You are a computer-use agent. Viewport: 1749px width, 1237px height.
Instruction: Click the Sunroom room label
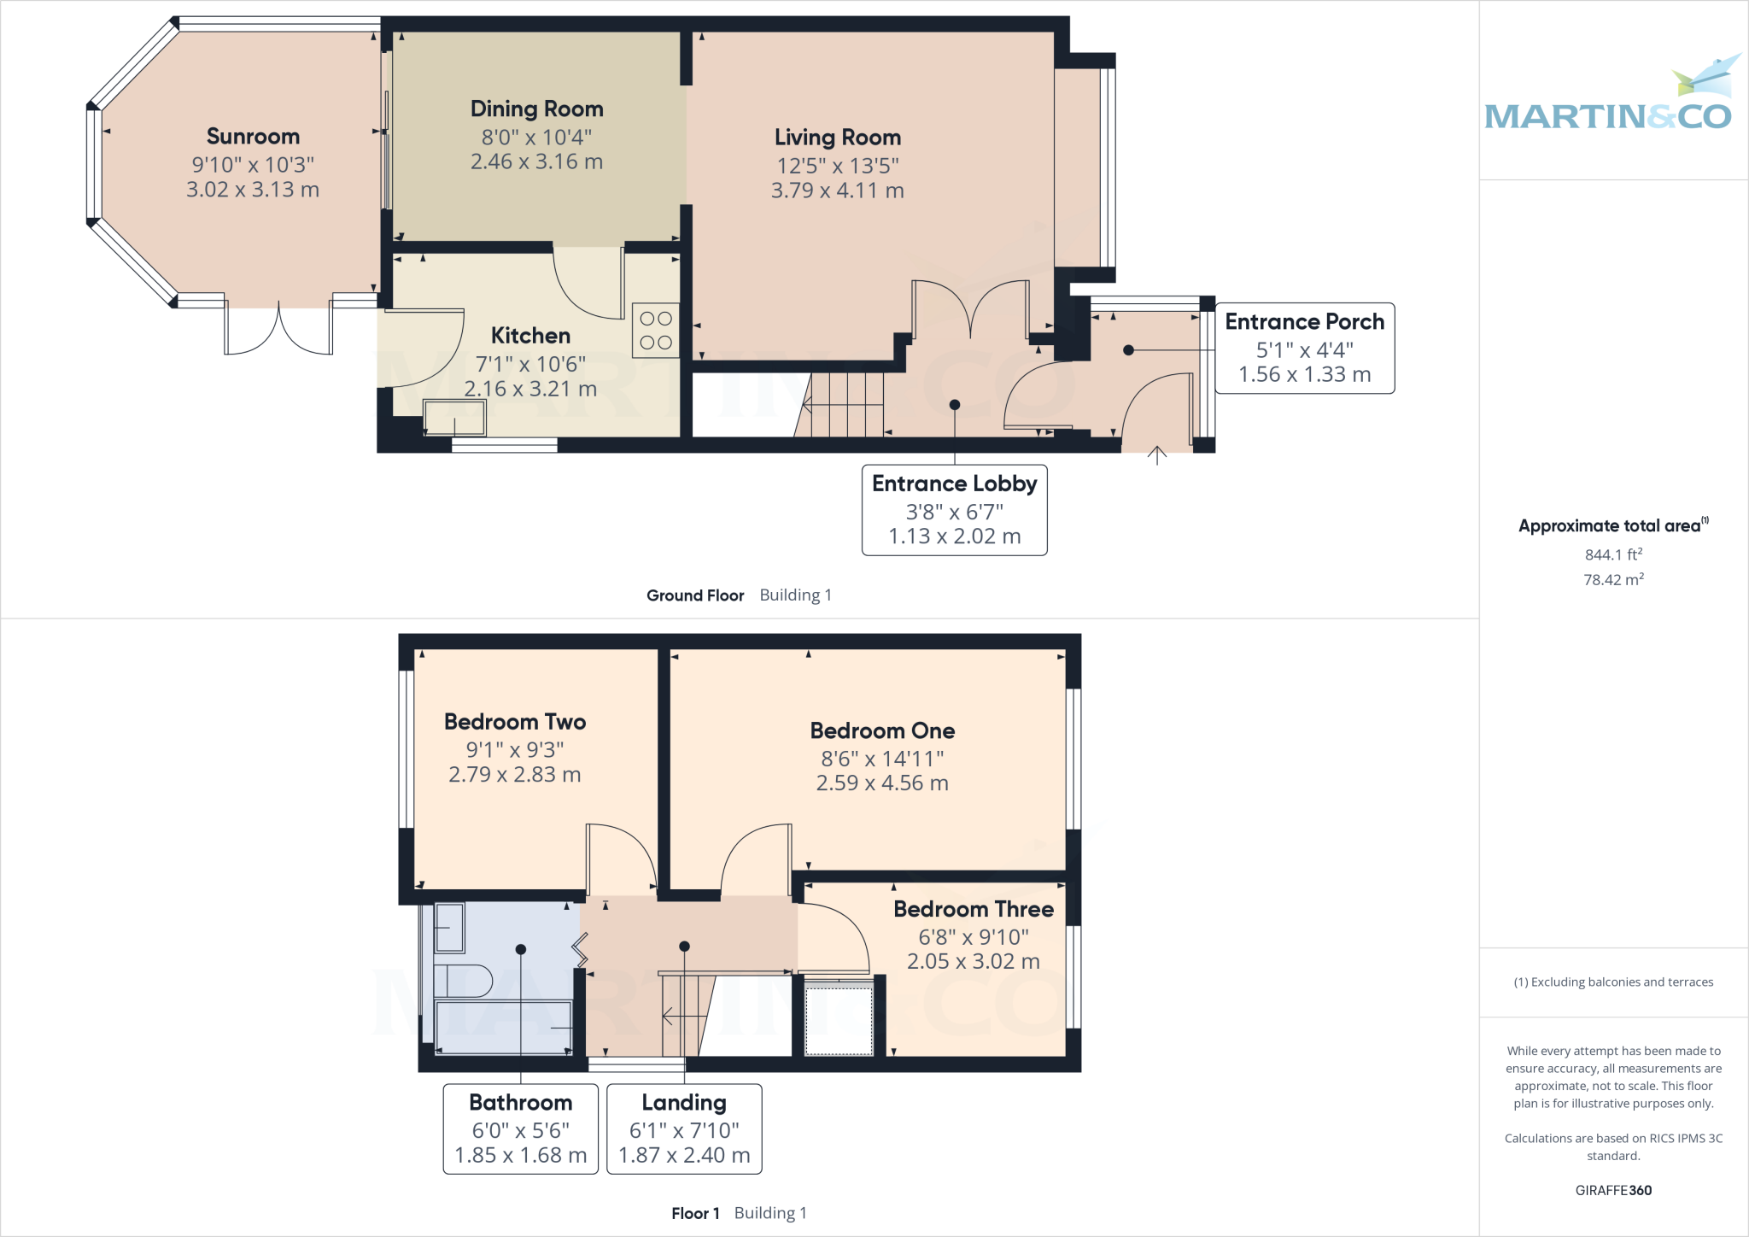[x=253, y=137]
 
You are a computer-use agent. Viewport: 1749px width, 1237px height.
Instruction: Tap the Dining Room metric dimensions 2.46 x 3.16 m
[x=536, y=161]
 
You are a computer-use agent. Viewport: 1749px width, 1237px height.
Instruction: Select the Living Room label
[x=837, y=138]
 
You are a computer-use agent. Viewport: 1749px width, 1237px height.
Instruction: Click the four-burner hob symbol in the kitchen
[x=655, y=331]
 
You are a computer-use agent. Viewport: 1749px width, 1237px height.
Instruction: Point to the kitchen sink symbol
[x=455, y=419]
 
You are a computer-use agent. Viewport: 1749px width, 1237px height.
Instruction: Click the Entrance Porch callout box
[x=1304, y=349]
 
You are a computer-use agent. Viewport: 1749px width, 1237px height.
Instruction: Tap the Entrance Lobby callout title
[x=954, y=484]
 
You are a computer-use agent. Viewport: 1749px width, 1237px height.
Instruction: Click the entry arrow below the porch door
[x=1156, y=454]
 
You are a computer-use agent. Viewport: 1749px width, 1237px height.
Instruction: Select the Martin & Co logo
[x=1609, y=98]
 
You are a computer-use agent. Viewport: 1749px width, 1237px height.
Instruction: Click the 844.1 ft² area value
[x=1613, y=554]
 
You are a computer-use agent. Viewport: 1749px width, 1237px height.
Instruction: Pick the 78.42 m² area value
[x=1613, y=579]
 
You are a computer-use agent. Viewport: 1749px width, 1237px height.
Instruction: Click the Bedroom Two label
[x=515, y=722]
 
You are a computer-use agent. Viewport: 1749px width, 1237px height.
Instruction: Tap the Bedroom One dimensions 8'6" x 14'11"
[x=882, y=759]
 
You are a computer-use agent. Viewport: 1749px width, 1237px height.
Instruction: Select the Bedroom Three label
[x=973, y=909]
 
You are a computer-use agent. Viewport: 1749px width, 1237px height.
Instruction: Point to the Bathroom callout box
[x=520, y=1129]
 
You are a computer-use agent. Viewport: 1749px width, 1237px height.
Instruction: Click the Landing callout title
[x=684, y=1103]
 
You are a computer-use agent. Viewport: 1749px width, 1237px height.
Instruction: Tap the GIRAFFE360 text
[x=1613, y=1190]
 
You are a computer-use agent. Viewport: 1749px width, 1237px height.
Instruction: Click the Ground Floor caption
[x=695, y=595]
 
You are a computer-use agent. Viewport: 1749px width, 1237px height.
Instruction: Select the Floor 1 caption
[x=695, y=1213]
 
